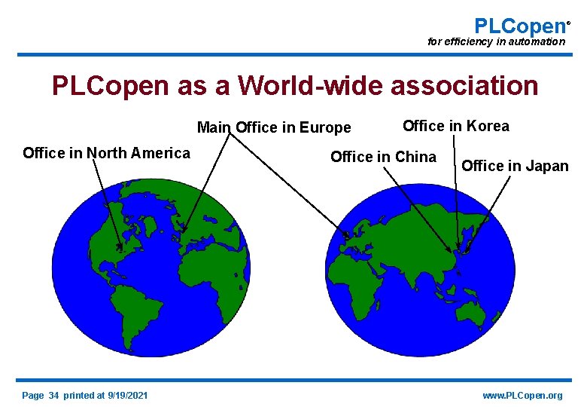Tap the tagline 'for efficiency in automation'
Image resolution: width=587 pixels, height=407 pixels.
(x=496, y=42)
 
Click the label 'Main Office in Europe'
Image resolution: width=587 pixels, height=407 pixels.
(x=274, y=127)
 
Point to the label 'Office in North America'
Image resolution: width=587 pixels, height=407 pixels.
(x=106, y=154)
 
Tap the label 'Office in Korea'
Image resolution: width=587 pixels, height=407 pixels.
(x=456, y=126)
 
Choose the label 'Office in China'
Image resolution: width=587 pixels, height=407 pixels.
(x=383, y=157)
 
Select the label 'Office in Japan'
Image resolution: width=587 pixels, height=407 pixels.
(x=515, y=166)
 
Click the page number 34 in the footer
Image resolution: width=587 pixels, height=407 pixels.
(x=53, y=396)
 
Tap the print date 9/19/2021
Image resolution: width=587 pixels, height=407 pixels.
(x=128, y=396)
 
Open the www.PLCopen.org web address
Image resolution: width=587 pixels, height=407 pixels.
(x=522, y=396)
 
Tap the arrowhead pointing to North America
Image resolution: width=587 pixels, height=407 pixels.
(x=119, y=247)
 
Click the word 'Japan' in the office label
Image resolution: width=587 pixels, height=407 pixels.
(x=546, y=166)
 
